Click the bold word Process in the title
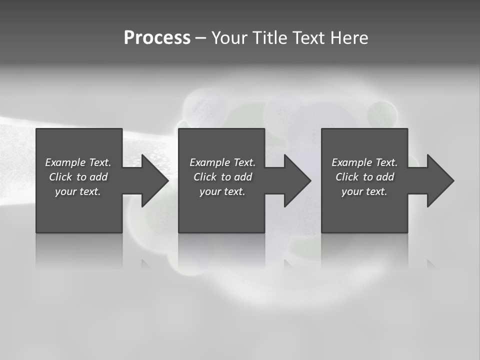click(x=157, y=38)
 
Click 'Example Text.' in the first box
click(x=78, y=162)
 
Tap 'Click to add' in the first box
click(x=78, y=177)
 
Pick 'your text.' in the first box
click(x=78, y=191)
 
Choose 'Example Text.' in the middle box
click(x=222, y=162)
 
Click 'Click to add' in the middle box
click(x=222, y=177)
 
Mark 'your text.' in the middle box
click(x=222, y=191)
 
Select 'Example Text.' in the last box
click(x=364, y=162)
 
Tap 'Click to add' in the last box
click(x=364, y=177)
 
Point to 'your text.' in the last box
click(x=364, y=191)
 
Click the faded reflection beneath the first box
click(x=79, y=250)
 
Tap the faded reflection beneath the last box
click(x=364, y=250)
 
